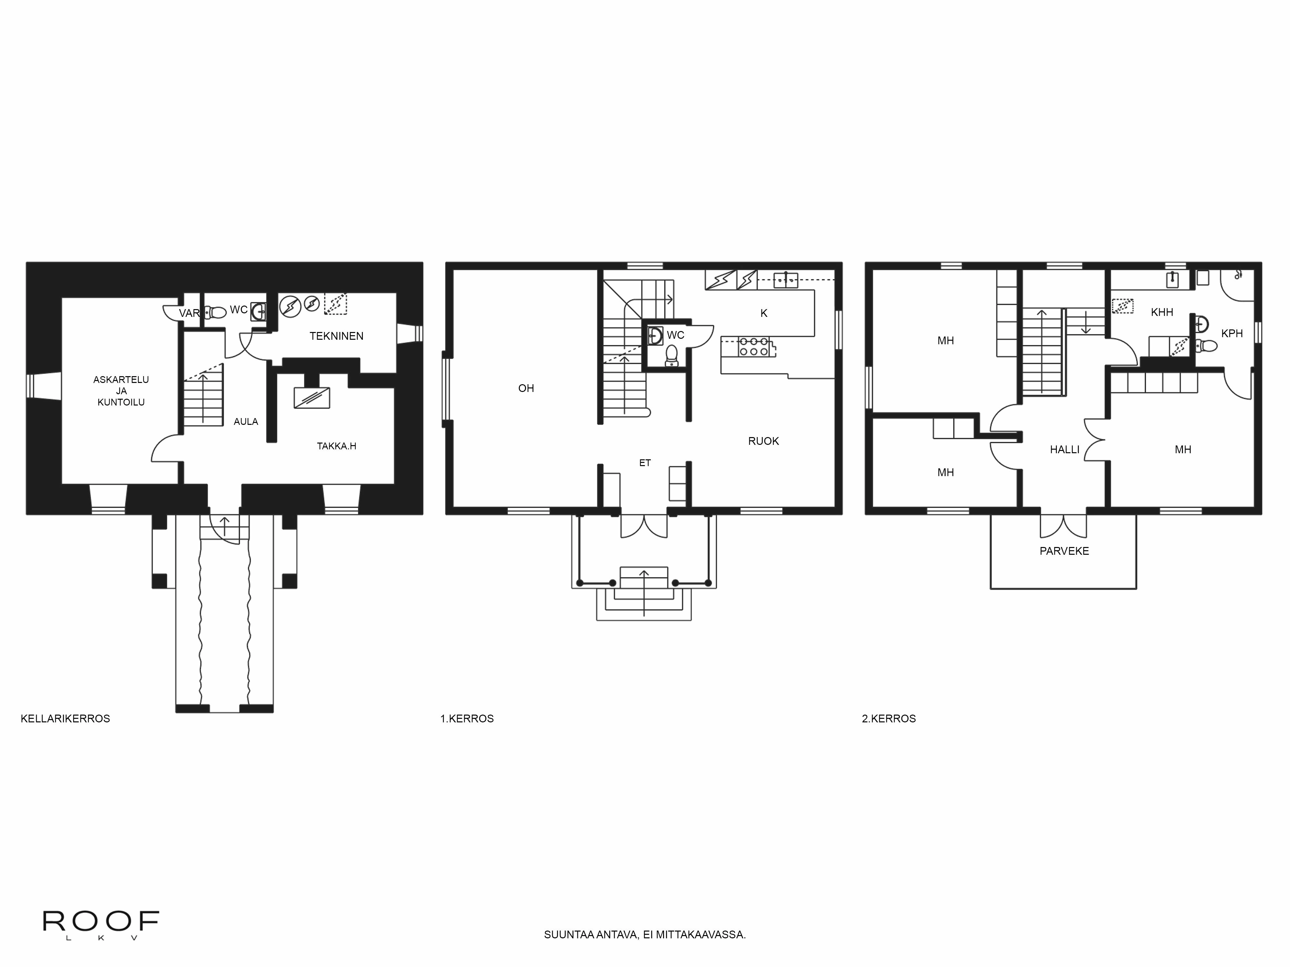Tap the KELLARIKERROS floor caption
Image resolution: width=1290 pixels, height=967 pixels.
click(65, 719)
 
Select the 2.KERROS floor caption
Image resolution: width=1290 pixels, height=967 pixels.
click(889, 719)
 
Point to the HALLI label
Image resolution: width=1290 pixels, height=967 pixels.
click(1064, 449)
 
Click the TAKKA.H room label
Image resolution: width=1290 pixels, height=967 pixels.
click(336, 446)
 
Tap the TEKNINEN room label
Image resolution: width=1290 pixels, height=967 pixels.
click(336, 336)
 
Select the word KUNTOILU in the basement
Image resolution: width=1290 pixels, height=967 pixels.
click(121, 402)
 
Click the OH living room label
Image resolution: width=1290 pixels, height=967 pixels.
click(526, 388)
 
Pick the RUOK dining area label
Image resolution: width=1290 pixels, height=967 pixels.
click(763, 441)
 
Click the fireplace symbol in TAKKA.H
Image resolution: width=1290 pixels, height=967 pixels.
click(312, 397)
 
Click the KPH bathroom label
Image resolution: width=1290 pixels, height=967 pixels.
click(1232, 333)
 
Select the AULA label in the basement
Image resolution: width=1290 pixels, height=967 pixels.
click(245, 421)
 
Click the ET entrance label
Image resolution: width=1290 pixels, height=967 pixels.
click(644, 463)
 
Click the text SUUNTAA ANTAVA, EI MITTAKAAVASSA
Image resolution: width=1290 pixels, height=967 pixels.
click(644, 934)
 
